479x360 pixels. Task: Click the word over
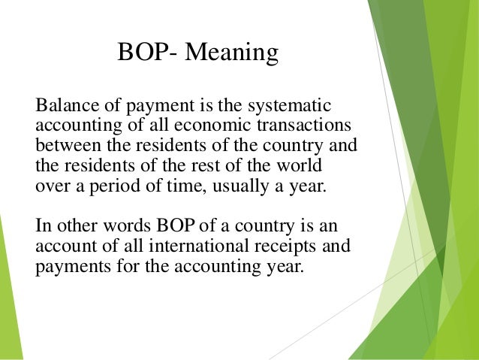pyautogui.click(x=50, y=185)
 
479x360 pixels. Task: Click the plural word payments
pyautogui.click(x=68, y=268)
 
